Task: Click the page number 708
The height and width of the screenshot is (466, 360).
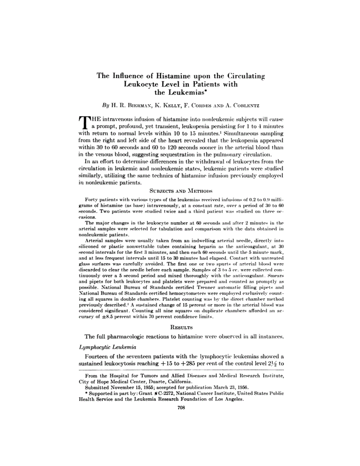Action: [x=180, y=408]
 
